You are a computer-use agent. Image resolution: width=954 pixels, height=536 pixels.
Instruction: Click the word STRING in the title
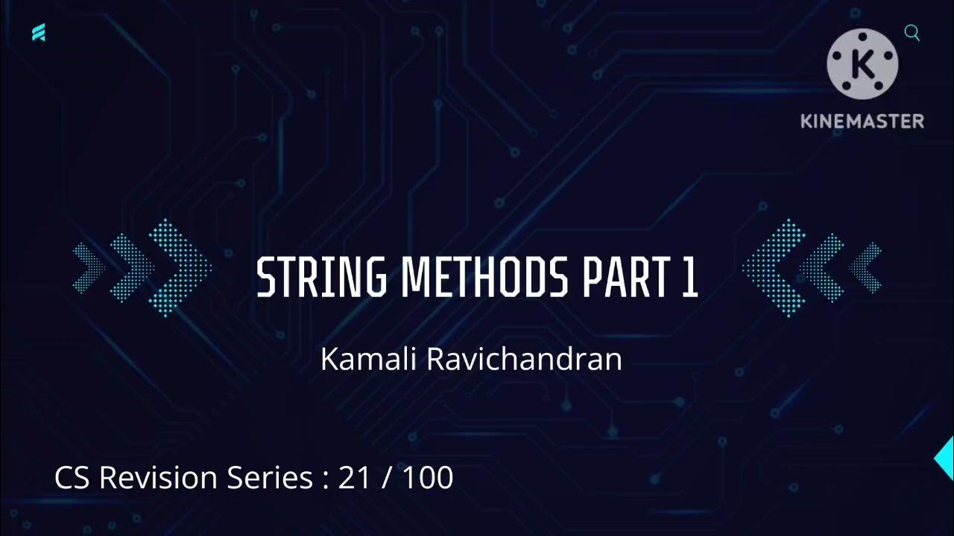click(x=321, y=278)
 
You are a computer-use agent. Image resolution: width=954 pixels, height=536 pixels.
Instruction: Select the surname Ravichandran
click(x=524, y=360)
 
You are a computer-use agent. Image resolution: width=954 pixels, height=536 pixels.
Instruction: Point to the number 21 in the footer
click(x=354, y=477)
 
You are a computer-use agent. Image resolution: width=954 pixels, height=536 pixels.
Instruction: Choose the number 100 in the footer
click(x=428, y=477)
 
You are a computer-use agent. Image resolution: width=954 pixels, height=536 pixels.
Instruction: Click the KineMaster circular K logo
click(x=862, y=64)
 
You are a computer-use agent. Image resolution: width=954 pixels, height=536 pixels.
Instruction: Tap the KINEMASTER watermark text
click(x=862, y=121)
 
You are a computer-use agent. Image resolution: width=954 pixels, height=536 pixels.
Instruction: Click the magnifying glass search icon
click(x=912, y=33)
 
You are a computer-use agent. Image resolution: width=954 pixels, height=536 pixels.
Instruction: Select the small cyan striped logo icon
click(x=39, y=33)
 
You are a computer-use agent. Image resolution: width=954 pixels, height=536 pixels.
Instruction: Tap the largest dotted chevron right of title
click(x=772, y=267)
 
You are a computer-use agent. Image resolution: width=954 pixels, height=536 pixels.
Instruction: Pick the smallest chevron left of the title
click(x=89, y=267)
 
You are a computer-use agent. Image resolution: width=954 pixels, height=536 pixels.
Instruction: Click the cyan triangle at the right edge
click(x=946, y=459)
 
